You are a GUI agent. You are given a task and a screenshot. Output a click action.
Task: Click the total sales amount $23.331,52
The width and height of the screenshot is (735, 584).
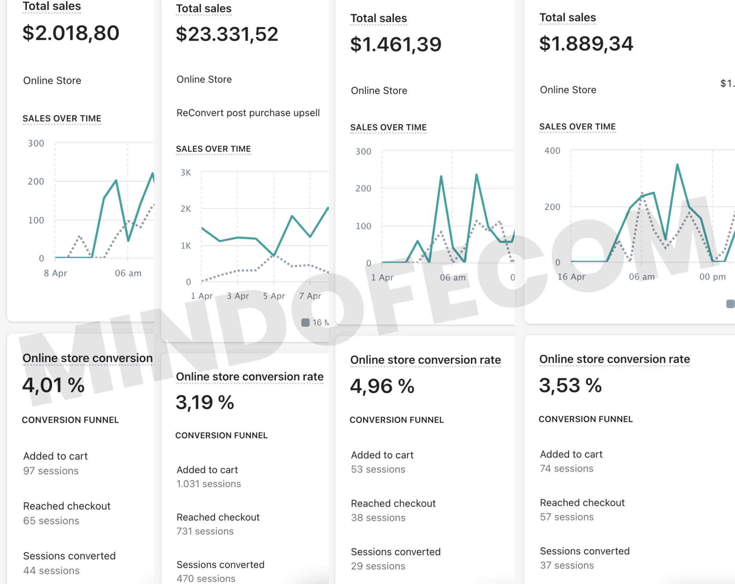click(227, 34)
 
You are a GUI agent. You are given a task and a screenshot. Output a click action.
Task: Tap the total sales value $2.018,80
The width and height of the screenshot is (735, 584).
click(71, 33)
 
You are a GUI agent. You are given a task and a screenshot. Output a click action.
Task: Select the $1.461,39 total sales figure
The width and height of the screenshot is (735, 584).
click(396, 44)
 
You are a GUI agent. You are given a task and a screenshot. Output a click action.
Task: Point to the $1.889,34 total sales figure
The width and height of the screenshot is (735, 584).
click(586, 44)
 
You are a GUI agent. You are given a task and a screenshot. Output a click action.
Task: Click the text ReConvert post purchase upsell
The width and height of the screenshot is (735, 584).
click(248, 113)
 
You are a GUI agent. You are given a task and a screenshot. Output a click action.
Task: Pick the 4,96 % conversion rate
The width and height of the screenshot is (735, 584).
click(382, 386)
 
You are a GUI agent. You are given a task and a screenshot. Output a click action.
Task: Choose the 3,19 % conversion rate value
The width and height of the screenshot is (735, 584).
click(205, 402)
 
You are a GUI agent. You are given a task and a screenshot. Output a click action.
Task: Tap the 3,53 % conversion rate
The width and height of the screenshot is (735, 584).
click(570, 385)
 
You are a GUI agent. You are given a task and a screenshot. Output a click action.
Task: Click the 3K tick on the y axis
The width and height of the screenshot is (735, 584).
click(185, 173)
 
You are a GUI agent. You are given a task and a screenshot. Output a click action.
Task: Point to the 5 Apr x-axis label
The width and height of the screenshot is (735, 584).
click(274, 296)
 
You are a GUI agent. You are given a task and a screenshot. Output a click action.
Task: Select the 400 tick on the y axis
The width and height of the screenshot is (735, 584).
click(552, 151)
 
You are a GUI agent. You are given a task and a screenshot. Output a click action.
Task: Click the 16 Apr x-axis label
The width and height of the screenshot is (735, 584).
click(571, 277)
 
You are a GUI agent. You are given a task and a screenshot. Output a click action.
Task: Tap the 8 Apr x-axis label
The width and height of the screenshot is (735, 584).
click(56, 273)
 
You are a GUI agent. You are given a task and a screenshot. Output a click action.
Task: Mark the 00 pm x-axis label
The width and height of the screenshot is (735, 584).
click(712, 277)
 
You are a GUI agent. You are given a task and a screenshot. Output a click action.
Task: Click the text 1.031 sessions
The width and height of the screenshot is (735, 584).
click(209, 484)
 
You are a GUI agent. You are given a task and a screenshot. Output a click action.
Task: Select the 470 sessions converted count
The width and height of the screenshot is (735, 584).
click(206, 578)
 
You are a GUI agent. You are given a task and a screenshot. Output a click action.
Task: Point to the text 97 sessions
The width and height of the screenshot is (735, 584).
click(51, 471)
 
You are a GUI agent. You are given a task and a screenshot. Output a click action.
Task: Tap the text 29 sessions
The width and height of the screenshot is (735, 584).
click(378, 566)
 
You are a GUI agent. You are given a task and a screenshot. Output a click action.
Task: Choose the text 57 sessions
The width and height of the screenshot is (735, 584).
click(567, 517)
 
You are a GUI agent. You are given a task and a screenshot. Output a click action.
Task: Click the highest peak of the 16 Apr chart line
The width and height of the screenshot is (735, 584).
click(677, 165)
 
